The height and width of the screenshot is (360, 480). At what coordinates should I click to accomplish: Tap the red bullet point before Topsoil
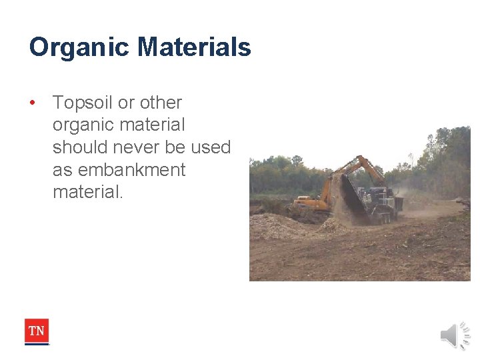click(32, 103)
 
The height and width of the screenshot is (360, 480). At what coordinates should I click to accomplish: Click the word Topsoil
click(83, 103)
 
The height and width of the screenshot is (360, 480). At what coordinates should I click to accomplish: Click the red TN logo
click(37, 331)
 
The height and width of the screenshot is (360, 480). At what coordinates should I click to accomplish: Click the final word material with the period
click(88, 193)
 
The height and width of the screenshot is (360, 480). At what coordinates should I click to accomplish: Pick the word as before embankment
click(62, 170)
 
